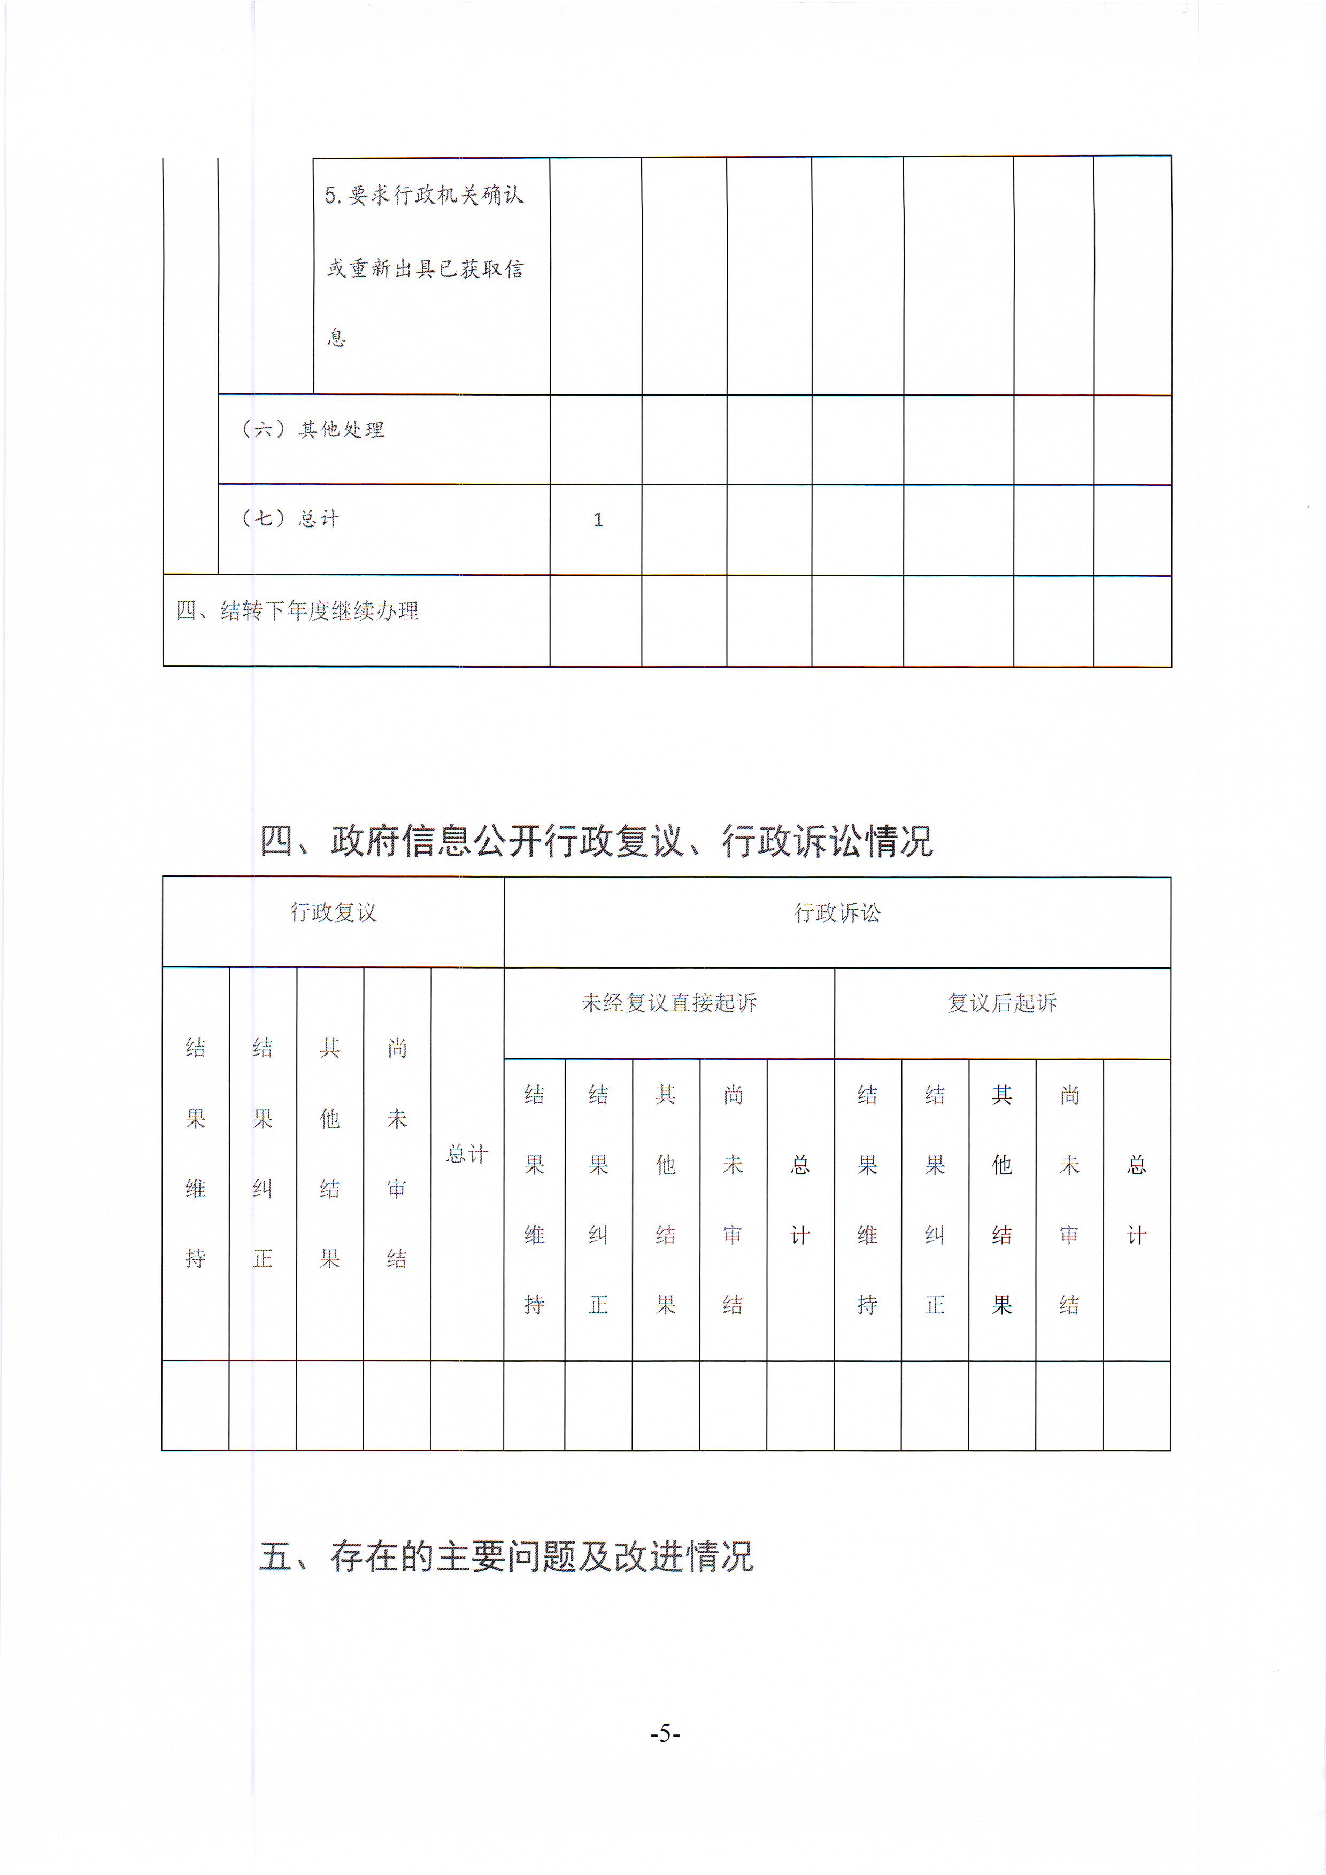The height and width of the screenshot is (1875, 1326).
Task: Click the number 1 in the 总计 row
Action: pos(598,520)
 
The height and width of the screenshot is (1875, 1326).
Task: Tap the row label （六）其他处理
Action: pos(313,430)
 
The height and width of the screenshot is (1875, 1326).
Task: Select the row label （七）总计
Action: pos(290,518)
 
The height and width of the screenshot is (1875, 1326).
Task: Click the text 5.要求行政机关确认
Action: pos(424,195)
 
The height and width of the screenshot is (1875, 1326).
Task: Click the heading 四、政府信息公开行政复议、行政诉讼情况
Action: pos(596,841)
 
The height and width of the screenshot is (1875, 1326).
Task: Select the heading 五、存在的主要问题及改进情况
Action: pos(506,1556)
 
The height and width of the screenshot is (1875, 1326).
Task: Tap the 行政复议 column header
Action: pos(333,912)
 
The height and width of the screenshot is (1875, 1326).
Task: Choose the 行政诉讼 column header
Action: pos(837,912)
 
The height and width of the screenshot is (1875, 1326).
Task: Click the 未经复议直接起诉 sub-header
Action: pos(669,1002)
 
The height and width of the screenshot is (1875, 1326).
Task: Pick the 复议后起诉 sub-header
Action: pos(1003,1002)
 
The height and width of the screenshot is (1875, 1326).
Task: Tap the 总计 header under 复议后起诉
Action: pos(1136,1199)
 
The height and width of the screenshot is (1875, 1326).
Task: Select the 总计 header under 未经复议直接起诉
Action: pos(800,1199)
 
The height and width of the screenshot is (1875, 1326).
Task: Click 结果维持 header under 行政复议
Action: pos(195,1153)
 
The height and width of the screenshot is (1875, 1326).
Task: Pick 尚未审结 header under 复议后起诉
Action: pos(1069,1199)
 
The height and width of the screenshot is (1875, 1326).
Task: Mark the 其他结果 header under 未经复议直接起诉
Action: pos(666,1199)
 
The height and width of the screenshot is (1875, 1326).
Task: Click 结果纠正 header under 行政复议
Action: pos(262,1153)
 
